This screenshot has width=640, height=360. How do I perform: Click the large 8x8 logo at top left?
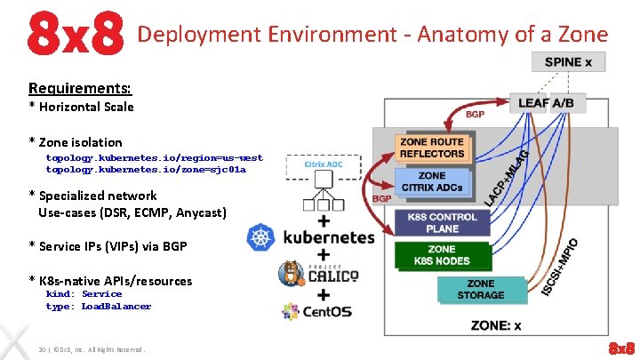(x=74, y=34)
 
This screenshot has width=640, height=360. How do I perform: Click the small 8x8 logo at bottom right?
(x=620, y=347)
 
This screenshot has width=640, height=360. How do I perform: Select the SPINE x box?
(x=568, y=62)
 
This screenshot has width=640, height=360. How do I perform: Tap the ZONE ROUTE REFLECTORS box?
(x=432, y=148)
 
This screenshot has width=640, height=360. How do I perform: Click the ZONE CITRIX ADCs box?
(x=432, y=181)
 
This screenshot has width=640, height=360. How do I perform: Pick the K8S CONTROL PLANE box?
(x=442, y=223)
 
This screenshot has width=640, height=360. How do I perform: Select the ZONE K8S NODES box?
(x=441, y=256)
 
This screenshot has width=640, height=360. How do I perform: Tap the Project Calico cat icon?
(x=292, y=273)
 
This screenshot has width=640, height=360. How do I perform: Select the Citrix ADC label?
(x=324, y=164)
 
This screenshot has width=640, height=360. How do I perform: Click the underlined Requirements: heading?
(x=80, y=88)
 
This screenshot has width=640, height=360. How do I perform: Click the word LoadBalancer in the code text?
(x=116, y=307)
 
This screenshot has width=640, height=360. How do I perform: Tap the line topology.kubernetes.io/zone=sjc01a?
(x=146, y=169)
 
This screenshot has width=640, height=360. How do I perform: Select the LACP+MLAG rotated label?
(x=508, y=179)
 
